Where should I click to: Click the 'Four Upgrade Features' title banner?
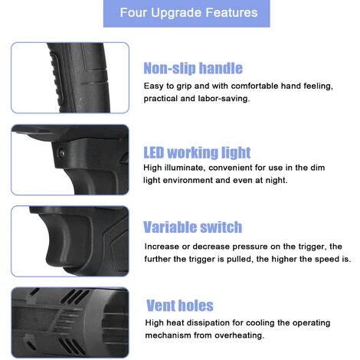tap(186, 13)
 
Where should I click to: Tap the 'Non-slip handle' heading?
tap(193, 68)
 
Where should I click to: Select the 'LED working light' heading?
tap(197, 152)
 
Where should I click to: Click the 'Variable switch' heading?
tap(192, 227)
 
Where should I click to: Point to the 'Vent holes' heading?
tap(180, 306)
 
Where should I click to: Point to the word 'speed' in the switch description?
tap(327, 259)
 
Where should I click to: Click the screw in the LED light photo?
tap(61, 153)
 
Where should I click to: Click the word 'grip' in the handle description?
tap(184, 87)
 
